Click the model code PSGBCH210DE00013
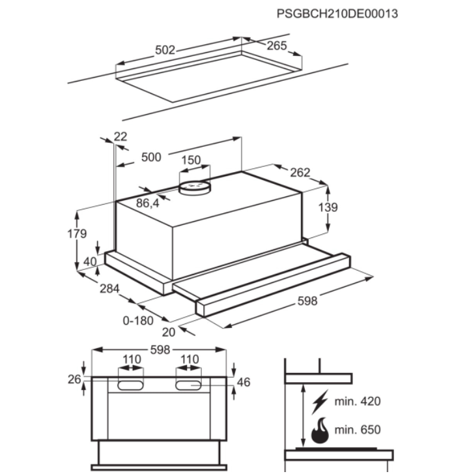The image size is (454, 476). pos(337,13)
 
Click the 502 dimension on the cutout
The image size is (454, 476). pos(166,50)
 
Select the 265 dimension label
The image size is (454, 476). pos(277,46)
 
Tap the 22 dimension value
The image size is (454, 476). pos(121,136)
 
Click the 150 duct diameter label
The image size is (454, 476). pos(191,160)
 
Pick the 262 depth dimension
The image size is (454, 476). pos(300,173)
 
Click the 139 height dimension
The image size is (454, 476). pos(330,207)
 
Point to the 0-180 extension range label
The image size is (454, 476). pos(139,320)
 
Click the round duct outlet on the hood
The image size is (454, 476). pos(194,187)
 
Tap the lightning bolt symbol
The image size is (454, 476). pos(320,402)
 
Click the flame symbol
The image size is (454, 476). pos(320,430)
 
